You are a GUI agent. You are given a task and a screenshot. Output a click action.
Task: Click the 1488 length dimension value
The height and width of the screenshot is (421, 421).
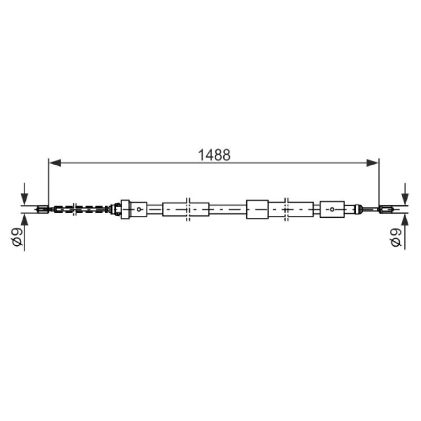[214, 155]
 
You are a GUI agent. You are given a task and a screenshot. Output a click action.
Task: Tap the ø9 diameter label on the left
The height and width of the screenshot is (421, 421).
[17, 237]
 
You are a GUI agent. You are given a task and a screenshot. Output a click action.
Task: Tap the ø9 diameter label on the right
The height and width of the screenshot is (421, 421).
[396, 237]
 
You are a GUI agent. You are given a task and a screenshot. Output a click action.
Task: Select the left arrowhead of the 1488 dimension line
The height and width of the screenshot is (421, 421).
[55, 163]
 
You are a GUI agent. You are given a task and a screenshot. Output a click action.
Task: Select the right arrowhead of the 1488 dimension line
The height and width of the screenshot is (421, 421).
[373, 163]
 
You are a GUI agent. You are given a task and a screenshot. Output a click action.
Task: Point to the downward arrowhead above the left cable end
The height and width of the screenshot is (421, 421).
[24, 199]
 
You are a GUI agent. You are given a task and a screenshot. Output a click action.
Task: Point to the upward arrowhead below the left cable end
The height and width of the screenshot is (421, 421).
[24, 219]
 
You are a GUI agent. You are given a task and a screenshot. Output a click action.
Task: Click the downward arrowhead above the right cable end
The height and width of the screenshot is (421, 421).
[405, 199]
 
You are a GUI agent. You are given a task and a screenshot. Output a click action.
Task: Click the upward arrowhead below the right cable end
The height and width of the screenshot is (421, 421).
[405, 219]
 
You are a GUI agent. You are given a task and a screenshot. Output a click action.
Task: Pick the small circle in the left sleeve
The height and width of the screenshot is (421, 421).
[139, 209]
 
